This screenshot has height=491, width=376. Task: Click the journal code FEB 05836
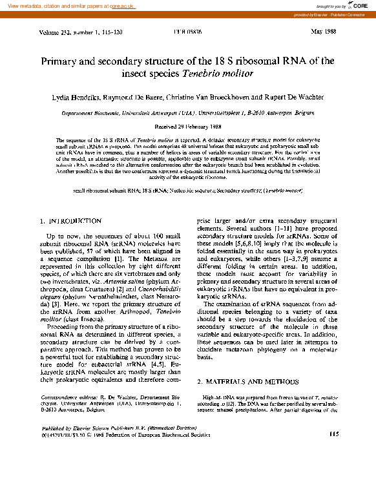[187, 32]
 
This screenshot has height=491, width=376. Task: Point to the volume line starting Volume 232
[74, 32]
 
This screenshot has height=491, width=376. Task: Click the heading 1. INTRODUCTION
[70, 221]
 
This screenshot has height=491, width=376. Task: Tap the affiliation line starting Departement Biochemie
[187, 112]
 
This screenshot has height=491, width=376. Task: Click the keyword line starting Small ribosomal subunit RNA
[187, 191]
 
